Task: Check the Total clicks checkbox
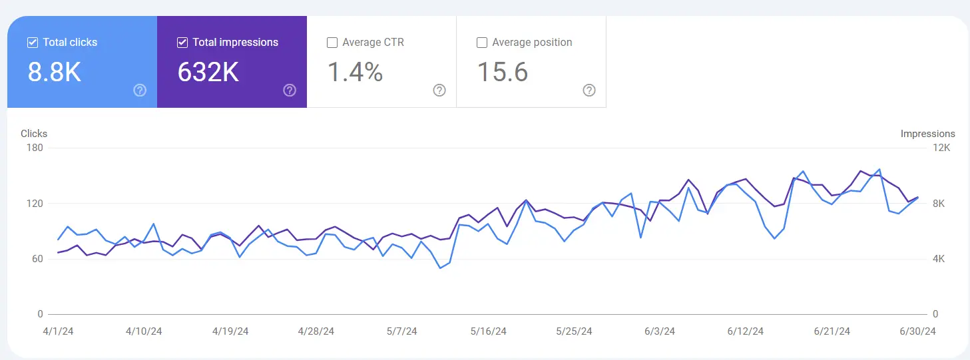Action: (x=33, y=43)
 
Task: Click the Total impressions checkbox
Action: (x=182, y=43)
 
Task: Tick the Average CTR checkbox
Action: (x=332, y=43)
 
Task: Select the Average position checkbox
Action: (x=482, y=43)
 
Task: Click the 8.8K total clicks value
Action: (x=54, y=73)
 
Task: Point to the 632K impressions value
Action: (x=208, y=73)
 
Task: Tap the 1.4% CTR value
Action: (x=355, y=73)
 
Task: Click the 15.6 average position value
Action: (x=503, y=73)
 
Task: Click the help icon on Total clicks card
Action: (x=140, y=90)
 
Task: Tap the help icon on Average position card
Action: (x=589, y=90)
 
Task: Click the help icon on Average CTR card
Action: (x=439, y=90)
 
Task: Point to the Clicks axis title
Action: (x=34, y=134)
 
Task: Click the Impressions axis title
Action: (x=927, y=134)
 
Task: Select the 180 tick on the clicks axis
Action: (x=35, y=148)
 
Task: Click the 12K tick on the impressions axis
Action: (x=942, y=148)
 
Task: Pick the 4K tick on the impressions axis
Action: (x=939, y=259)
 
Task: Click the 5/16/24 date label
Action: (x=488, y=331)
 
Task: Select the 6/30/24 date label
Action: (x=917, y=331)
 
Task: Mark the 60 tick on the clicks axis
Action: (x=37, y=259)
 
